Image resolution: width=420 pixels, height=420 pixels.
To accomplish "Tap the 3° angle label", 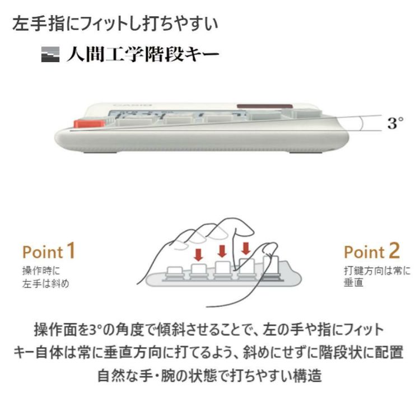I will [395, 123].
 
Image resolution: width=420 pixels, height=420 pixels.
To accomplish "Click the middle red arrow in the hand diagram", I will [222, 250].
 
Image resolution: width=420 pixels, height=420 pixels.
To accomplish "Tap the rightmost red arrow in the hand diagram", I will [245, 247].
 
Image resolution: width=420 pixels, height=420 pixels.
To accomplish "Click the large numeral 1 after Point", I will [71, 251].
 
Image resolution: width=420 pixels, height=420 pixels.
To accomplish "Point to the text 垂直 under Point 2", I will [354, 283].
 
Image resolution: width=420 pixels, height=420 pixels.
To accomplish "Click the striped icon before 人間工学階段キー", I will [50, 56].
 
